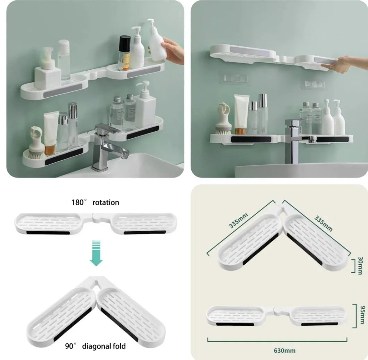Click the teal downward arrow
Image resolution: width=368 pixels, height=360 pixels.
(x=96, y=253)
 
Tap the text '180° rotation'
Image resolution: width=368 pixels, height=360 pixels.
(x=95, y=202)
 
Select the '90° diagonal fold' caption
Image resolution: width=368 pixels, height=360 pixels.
(x=95, y=346)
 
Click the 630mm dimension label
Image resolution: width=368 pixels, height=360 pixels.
(x=284, y=351)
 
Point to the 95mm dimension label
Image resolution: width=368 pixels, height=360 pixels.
(x=362, y=315)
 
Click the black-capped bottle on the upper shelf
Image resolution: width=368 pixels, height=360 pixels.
(x=124, y=53)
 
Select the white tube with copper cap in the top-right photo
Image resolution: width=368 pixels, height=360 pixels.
(x=242, y=114)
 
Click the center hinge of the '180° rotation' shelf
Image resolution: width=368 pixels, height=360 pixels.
(x=96, y=217)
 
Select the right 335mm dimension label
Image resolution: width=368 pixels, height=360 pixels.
(x=324, y=223)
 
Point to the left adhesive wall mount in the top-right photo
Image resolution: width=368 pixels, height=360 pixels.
(x=234, y=78)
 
